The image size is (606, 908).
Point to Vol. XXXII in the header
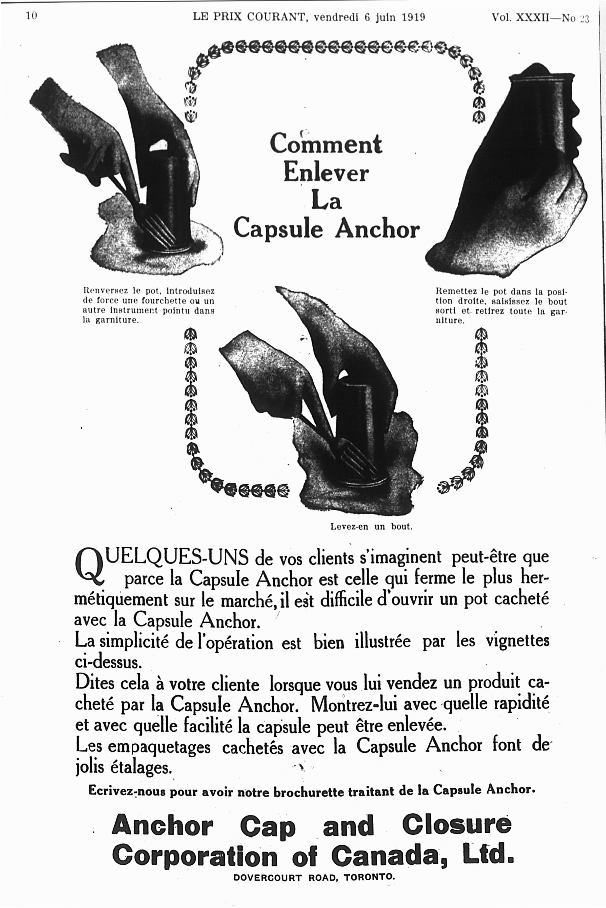520,17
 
